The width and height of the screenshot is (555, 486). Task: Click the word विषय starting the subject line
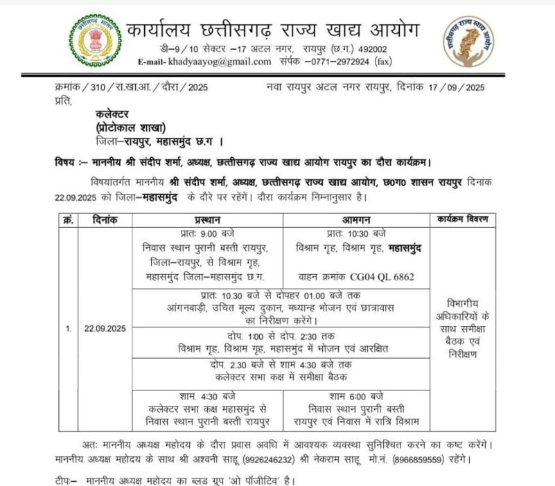(66, 163)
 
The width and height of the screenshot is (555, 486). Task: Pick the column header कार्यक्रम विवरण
(463, 220)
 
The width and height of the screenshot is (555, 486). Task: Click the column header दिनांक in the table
(105, 220)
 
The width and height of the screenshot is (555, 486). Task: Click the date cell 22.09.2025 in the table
(105, 329)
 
